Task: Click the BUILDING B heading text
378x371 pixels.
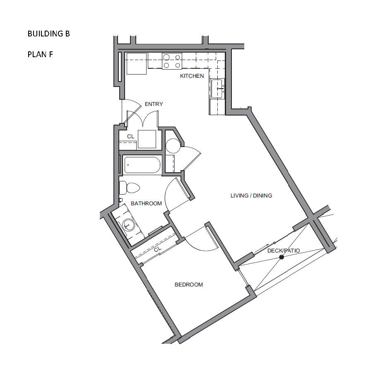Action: click(49, 34)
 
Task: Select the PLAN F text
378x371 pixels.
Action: click(40, 55)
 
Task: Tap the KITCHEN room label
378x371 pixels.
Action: click(192, 76)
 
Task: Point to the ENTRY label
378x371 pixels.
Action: click(154, 104)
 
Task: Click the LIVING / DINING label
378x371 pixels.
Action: click(251, 196)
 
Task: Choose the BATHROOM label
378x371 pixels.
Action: click(146, 203)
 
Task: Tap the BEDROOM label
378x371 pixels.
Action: click(189, 285)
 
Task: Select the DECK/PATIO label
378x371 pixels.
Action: click(284, 251)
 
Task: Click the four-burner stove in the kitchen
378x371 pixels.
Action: click(172, 61)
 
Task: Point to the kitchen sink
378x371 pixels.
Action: click(217, 89)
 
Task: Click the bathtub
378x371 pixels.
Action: click(142, 165)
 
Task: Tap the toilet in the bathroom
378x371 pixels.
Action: click(130, 188)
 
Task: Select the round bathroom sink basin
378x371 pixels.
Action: click(128, 225)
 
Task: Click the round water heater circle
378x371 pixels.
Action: click(173, 146)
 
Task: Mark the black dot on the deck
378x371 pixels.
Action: click(282, 257)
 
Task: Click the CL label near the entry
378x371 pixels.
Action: click(131, 137)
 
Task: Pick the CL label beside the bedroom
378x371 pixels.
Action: click(158, 249)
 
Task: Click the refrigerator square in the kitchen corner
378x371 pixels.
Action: click(137, 64)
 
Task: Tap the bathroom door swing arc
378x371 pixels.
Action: click(166, 193)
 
